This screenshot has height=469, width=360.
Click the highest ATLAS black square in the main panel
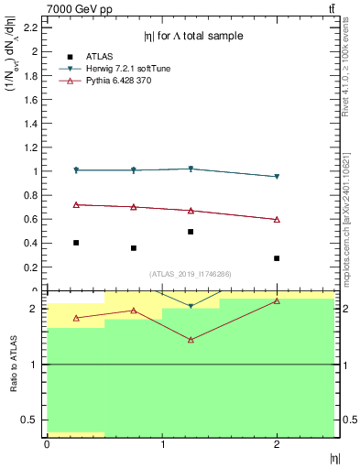[x=191, y=232]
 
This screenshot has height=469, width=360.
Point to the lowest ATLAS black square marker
[x=277, y=258]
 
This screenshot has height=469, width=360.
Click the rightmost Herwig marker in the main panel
[x=277, y=177]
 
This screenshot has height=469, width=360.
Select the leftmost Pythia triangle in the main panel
[x=76, y=204]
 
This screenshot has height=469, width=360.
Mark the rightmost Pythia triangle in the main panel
[x=277, y=220]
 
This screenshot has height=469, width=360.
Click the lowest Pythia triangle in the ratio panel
[x=191, y=340]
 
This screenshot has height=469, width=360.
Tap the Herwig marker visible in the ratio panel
[x=191, y=306]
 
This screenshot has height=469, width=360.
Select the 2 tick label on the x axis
[x=277, y=445]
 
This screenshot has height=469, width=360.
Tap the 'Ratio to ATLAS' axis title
[x=14, y=363]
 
